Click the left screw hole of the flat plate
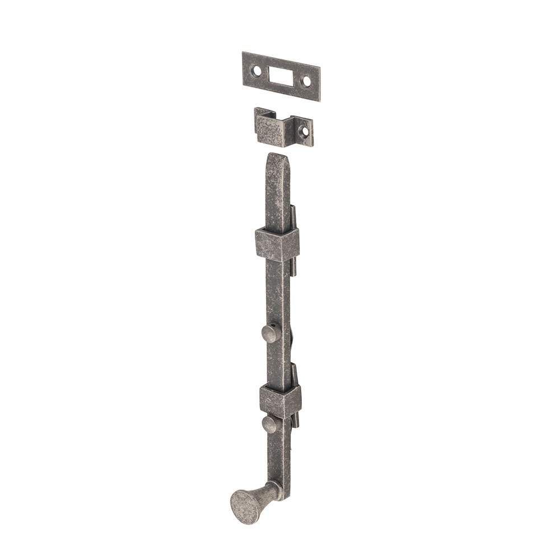(x=257, y=71)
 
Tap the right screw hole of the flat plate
(x=306, y=82)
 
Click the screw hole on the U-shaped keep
(x=305, y=133)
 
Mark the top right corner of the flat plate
(x=320, y=69)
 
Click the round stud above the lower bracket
(x=269, y=334)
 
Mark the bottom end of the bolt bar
(x=283, y=500)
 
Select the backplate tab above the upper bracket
(x=293, y=216)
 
